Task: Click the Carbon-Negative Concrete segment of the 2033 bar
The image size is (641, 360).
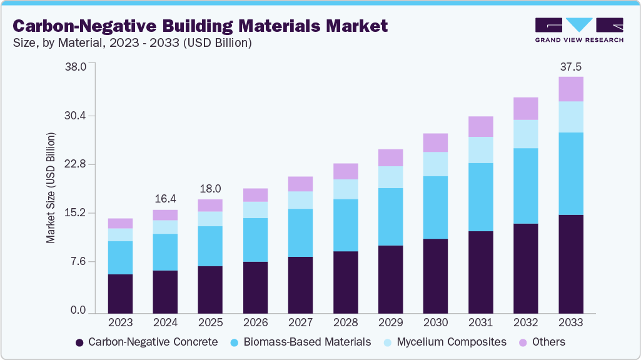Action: pos(570,264)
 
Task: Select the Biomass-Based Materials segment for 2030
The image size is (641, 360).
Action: pos(435,207)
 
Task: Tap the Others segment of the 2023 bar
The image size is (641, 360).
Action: pos(120,223)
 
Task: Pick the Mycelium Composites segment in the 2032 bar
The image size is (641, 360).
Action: pos(525,134)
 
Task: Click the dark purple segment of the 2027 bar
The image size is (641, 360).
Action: pos(300,284)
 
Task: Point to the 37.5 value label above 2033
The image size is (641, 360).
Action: pos(570,67)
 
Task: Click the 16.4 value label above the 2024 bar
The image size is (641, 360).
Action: pos(165,198)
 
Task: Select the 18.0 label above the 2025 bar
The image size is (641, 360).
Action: pos(210,189)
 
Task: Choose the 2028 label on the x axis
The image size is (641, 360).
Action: pos(345,323)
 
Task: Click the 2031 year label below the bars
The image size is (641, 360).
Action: pos(480,323)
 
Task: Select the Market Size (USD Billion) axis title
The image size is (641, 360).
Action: pos(51,188)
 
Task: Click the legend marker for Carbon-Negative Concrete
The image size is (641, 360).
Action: pos(79,342)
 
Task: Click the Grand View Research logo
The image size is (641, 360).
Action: pos(579,29)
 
